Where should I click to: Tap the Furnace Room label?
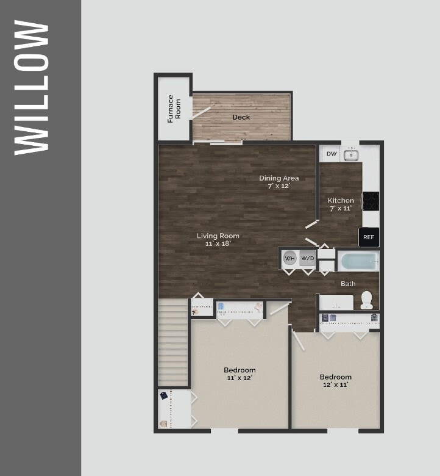point(174,108)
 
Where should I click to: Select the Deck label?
point(241,117)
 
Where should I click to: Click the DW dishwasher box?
point(331,154)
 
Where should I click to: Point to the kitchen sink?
point(351,155)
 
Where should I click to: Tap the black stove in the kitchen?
point(371,201)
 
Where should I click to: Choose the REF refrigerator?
point(368,237)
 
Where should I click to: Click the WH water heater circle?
point(289,258)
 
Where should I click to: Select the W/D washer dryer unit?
point(307,258)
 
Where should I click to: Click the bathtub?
point(359,262)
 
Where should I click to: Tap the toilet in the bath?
point(366,300)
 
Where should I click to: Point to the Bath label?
point(348,284)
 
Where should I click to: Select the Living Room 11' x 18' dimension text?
point(218,243)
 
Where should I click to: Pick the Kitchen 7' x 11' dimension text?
point(341,209)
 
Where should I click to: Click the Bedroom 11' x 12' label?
point(240,374)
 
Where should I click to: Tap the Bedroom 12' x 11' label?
point(336,381)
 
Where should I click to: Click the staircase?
point(173,342)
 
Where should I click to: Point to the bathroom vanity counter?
point(336,302)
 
